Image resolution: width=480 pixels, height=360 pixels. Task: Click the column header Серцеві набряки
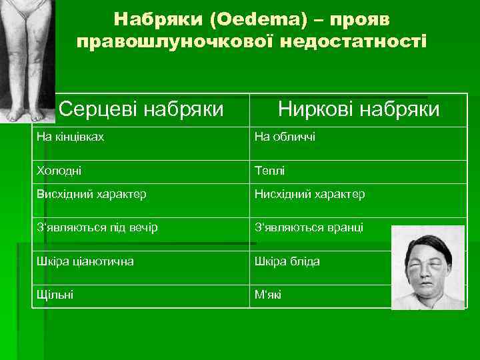click(141, 108)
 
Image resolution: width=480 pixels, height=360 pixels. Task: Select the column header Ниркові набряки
click(359, 108)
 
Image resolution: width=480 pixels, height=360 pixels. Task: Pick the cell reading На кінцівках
click(71, 137)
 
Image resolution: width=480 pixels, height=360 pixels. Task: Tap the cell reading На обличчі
click(285, 137)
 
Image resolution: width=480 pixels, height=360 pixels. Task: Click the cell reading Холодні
click(59, 171)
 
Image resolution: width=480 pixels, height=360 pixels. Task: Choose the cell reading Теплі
click(269, 171)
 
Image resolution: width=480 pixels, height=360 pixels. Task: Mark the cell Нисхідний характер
click(309, 194)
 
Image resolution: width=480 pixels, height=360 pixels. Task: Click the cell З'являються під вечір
click(97, 227)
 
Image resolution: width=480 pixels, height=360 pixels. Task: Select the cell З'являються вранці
click(309, 227)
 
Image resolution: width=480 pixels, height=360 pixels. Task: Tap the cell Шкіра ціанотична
click(85, 261)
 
